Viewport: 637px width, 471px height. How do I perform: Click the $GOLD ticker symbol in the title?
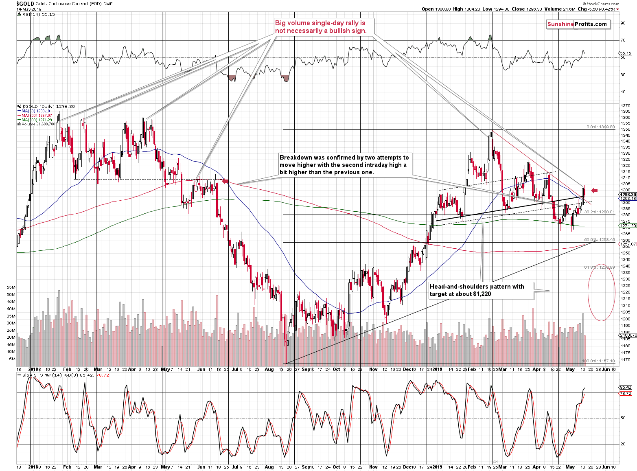tap(25, 3)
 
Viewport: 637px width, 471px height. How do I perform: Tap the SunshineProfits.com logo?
tap(577, 24)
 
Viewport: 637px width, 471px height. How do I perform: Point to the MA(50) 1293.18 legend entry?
tap(36, 111)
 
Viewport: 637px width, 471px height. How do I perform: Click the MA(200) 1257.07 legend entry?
tap(37, 115)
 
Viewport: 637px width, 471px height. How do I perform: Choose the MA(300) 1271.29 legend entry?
tap(37, 120)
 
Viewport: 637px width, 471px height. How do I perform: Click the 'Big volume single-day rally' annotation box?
tap(321, 27)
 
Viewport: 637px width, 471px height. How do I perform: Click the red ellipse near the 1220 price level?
tap(601, 292)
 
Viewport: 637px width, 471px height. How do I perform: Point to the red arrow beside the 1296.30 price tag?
tap(594, 190)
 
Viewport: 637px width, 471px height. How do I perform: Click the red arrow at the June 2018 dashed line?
tap(225, 181)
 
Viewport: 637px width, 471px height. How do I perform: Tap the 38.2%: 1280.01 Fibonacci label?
tap(599, 212)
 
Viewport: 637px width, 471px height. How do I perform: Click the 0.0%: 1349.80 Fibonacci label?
tap(600, 127)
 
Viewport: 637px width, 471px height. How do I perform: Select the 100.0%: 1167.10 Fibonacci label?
tap(598, 361)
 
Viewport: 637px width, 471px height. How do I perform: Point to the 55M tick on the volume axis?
tap(11, 287)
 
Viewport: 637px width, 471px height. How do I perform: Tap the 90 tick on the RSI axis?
tap(623, 23)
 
